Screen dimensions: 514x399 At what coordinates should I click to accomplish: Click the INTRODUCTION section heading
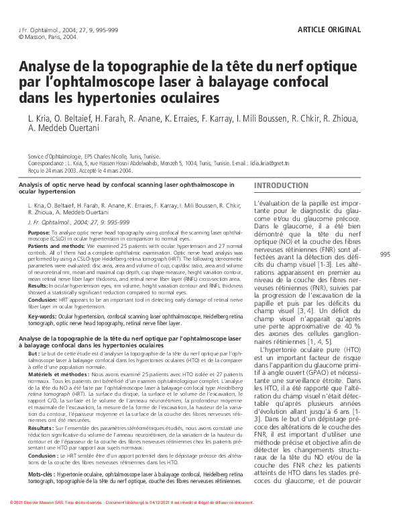point(281,185)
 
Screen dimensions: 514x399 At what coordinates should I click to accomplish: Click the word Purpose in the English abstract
point(38,231)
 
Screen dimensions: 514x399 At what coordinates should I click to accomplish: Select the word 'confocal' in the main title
point(293,83)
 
